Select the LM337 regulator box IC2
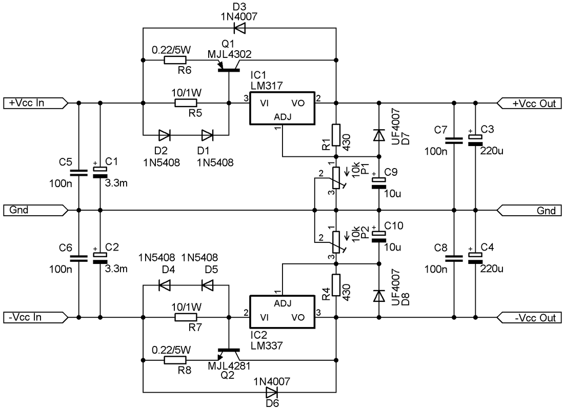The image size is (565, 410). [x=282, y=312]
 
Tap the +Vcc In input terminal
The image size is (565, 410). [x=35, y=103]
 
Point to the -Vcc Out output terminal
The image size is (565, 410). [x=529, y=318]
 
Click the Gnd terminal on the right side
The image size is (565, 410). [x=529, y=211]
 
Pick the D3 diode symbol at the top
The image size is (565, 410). [x=239, y=28]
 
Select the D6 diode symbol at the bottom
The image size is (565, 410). [x=272, y=392]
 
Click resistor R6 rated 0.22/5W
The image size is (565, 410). [x=175, y=60]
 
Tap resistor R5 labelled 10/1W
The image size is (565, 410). [x=186, y=103]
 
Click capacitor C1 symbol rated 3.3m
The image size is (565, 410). [x=100, y=172]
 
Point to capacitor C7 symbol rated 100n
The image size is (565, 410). [x=454, y=140]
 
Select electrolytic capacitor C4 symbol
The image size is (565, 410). [x=475, y=258]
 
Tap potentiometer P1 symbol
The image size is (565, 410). [x=336, y=178]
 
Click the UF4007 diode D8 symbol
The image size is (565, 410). [x=379, y=296]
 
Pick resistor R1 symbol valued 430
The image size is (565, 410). [x=336, y=135]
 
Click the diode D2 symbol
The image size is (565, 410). [x=164, y=135]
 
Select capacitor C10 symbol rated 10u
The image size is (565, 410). [x=379, y=236]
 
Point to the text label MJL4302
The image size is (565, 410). [x=230, y=54]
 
